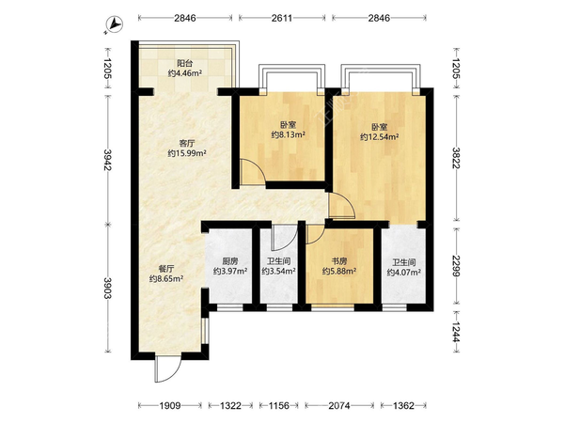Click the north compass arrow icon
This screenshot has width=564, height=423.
tap(115, 24)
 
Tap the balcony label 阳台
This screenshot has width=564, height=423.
tap(185, 64)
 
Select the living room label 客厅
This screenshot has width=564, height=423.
tap(187, 143)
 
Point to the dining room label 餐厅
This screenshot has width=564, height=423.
tap(166, 268)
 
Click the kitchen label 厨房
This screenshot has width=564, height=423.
tap(230, 261)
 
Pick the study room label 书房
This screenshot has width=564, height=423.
tap(339, 261)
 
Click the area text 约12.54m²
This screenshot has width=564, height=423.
tap(380, 136)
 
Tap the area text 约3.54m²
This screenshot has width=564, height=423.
tap(279, 272)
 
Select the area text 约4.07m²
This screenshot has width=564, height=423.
tap(404, 273)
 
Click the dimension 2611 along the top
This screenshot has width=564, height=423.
tap(282, 18)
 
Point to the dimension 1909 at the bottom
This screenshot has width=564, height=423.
tap(170, 406)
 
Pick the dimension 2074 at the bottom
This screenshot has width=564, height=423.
tap(338, 406)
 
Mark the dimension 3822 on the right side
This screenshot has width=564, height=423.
tap(457, 158)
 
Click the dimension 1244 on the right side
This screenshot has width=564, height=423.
tap(457, 332)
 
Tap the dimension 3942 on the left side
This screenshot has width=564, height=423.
tap(108, 160)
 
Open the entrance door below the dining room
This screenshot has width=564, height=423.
tap(168, 368)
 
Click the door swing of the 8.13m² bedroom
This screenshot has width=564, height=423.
tap(253, 172)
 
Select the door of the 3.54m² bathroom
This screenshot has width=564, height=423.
tap(285, 238)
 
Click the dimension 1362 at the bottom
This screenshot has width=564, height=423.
tap(403, 406)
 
